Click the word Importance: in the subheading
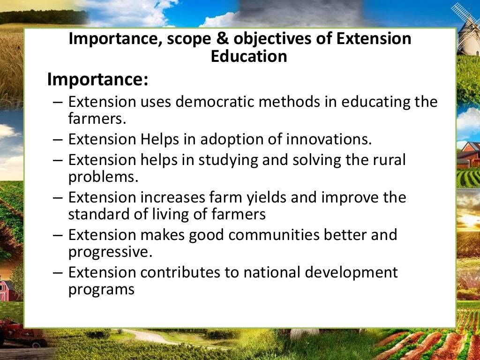[x=97, y=80]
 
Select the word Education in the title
[x=248, y=56]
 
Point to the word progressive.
[x=110, y=252]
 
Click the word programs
[x=101, y=289]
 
